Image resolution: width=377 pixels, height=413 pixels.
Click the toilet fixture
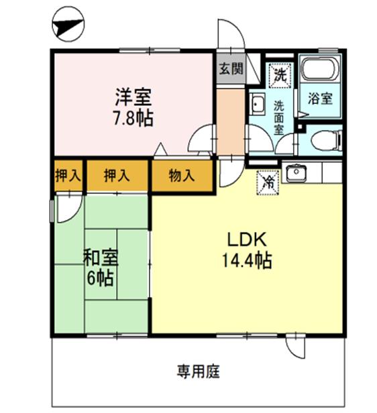326,140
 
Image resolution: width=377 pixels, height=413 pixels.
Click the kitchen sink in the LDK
296,173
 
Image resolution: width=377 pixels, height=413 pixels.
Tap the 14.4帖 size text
247,261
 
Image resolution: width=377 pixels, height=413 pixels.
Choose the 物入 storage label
181,176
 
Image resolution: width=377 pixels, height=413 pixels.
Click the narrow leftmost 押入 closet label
68,176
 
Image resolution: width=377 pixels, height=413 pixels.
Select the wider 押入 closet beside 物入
117,176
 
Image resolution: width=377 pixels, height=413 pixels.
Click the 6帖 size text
98,276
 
